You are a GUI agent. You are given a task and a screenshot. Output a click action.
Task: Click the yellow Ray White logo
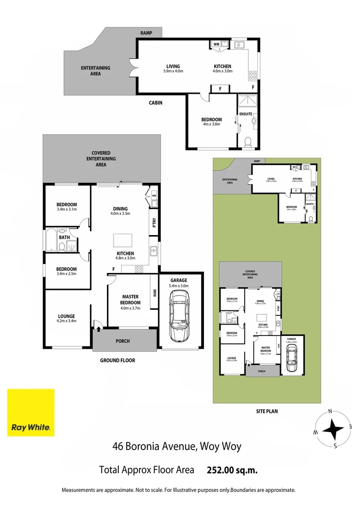pyautogui.click(x=31, y=412)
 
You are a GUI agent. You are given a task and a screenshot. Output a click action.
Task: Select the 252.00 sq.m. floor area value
pyautogui.click(x=232, y=470)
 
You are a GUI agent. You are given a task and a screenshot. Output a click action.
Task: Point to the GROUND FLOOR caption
pyautogui.click(x=117, y=361)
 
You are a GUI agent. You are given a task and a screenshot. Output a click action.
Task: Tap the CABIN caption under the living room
pyautogui.click(x=155, y=102)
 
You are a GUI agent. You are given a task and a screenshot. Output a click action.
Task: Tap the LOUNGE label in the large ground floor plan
pyautogui.click(x=66, y=316)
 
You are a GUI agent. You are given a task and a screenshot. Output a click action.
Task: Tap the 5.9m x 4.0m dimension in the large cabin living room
pyautogui.click(x=173, y=72)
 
